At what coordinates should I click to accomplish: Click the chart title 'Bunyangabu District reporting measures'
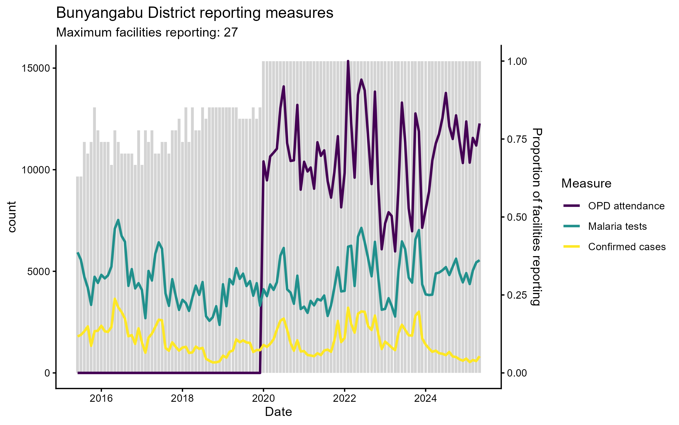pos(195,13)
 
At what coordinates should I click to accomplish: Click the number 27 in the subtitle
pos(231,33)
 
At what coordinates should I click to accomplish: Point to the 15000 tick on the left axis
pos(35,68)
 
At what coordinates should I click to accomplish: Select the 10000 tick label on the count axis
pos(35,170)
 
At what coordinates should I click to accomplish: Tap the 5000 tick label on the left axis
pos(38,271)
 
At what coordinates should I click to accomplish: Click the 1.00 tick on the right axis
pos(517,61)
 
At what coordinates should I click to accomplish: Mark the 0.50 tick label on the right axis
pos(517,217)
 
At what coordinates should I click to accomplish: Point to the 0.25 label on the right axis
pos(517,295)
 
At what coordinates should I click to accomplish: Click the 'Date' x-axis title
pos(278,412)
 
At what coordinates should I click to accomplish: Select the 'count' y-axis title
pos(12,217)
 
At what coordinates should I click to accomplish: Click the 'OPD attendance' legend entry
pos(626,206)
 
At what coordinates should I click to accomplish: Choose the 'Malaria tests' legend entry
pos(617,226)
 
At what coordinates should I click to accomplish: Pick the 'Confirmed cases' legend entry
pos(627,247)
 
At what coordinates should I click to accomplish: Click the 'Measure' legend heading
pos(586,184)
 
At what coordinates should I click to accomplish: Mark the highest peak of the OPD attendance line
pos(348,61)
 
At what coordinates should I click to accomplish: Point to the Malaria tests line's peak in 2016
pos(118,220)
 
